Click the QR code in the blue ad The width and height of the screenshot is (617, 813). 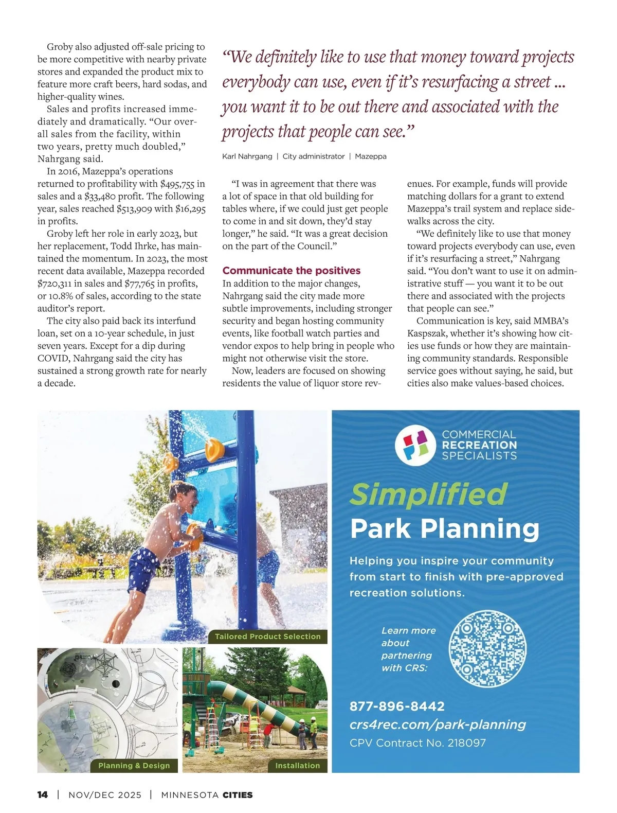pyautogui.click(x=487, y=649)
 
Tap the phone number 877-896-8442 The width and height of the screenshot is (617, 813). pyautogui.click(x=397, y=706)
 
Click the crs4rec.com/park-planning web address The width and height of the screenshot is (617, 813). pyautogui.click(x=438, y=724)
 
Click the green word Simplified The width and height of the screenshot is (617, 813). pyautogui.click(x=428, y=494)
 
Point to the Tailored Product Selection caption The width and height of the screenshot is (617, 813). pyautogui.click(x=267, y=637)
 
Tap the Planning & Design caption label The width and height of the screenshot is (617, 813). pyautogui.click(x=134, y=766)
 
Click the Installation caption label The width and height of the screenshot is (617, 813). pyautogui.click(x=297, y=766)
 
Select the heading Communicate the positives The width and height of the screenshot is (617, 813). pyautogui.click(x=291, y=271)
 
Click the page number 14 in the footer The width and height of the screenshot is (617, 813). pyautogui.click(x=43, y=794)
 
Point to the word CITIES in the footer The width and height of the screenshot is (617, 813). pyautogui.click(x=238, y=794)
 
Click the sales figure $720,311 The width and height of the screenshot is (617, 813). pyautogui.click(x=55, y=284)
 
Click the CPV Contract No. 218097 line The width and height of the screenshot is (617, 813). pyautogui.click(x=417, y=743)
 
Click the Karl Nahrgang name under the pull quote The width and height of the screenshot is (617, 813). pyautogui.click(x=247, y=156)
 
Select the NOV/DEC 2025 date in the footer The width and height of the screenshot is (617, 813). pyautogui.click(x=104, y=794)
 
